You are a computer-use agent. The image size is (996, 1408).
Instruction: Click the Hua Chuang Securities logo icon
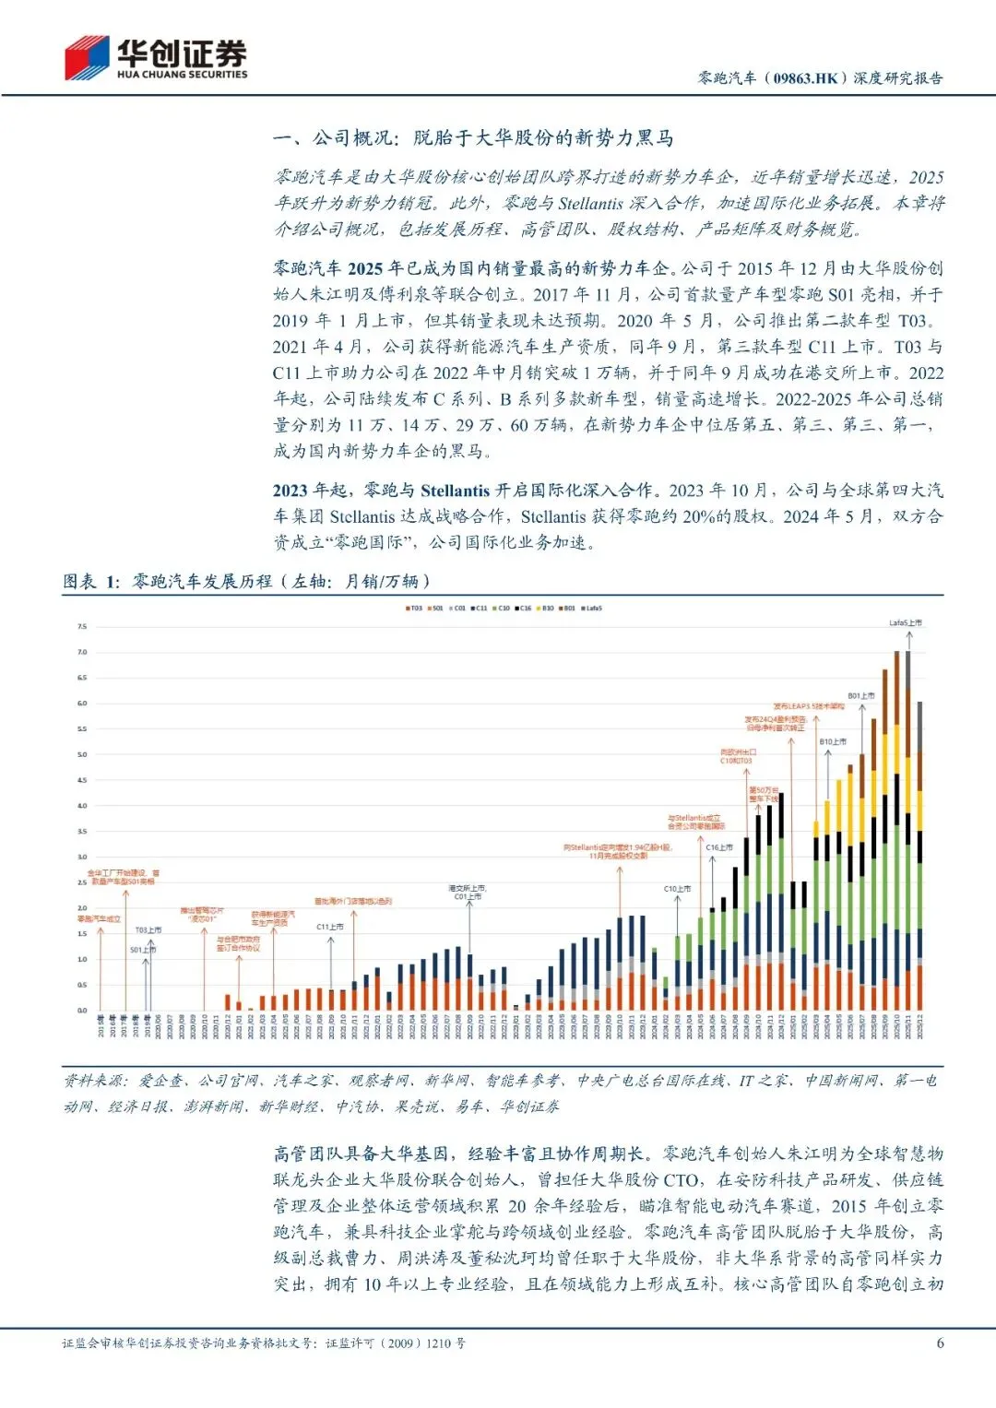pos(87,58)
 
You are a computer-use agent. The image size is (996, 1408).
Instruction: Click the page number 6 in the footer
pos(940,1343)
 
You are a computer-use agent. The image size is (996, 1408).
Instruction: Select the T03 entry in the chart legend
pos(414,609)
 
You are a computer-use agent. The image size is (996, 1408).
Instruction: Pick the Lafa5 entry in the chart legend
pos(592,609)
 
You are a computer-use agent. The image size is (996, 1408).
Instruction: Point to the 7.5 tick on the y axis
pos(82,627)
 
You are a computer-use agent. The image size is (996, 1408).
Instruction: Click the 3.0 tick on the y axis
pos(82,858)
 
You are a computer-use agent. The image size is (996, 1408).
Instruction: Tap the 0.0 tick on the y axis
pos(82,1011)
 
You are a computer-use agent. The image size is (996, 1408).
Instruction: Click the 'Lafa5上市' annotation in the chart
pos(905,623)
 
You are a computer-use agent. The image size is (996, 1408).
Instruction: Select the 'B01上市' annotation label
pos(861,696)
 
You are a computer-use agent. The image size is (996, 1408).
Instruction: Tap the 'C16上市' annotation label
pos(719,847)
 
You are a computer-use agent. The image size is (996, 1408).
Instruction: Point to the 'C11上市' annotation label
pos(330,927)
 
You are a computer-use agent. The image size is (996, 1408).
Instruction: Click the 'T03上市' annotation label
pos(148,930)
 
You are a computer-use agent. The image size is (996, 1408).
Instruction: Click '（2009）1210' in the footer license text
pos(411,1343)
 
